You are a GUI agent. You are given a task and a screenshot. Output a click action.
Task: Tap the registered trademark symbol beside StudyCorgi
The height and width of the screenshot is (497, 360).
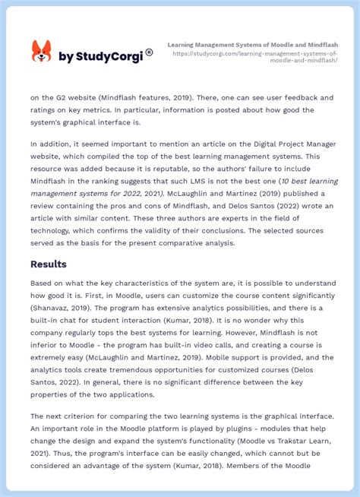[149, 52]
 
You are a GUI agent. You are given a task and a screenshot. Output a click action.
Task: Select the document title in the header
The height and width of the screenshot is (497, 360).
[252, 45]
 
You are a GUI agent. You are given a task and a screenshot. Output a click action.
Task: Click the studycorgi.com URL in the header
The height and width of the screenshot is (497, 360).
[254, 57]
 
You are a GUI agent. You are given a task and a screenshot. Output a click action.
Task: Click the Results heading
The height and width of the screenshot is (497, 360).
[49, 264]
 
